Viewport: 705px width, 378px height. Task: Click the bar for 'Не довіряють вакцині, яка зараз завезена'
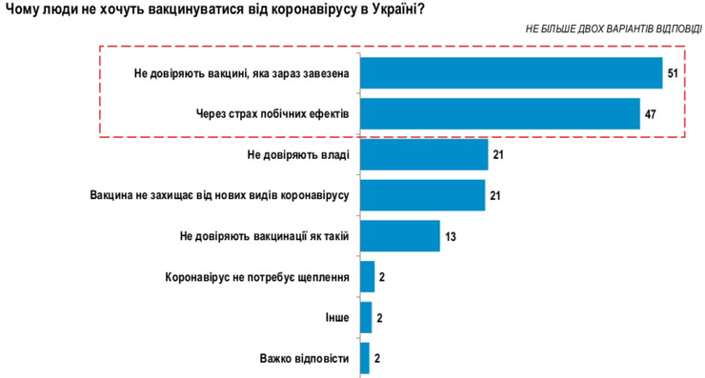coord(511,73)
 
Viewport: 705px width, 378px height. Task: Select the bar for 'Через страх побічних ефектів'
coord(499,113)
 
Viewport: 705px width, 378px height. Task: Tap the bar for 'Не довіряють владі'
coord(424,154)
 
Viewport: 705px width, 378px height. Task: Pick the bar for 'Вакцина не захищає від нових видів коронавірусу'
coord(423,194)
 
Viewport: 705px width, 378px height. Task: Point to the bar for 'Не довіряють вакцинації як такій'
coord(400,235)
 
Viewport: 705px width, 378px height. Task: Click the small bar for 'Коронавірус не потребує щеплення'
coord(367,276)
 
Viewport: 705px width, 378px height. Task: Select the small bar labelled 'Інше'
coord(366,317)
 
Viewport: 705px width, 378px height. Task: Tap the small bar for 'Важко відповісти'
coord(365,358)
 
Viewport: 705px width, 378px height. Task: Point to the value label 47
coord(650,114)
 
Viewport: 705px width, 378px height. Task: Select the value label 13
coord(451,236)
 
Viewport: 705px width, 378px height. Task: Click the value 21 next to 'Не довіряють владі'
coord(498,154)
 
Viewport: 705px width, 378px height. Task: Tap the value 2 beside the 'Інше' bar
coord(381,318)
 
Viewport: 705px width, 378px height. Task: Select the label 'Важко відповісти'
coord(304,359)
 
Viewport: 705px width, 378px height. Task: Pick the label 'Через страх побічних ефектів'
coord(272,114)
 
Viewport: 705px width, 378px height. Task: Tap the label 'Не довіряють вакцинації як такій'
coord(264,236)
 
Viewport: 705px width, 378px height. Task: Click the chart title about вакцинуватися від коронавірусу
coord(214,10)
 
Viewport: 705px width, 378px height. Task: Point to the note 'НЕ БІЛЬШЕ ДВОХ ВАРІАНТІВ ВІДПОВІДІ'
coord(614,30)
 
